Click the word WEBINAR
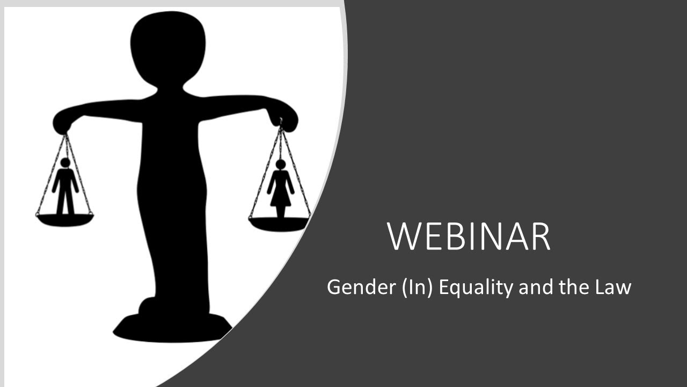point(469,236)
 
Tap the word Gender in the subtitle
point(353,287)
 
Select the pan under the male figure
point(64,219)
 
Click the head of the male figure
point(65,162)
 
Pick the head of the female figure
point(280,164)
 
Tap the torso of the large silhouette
point(171,177)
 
